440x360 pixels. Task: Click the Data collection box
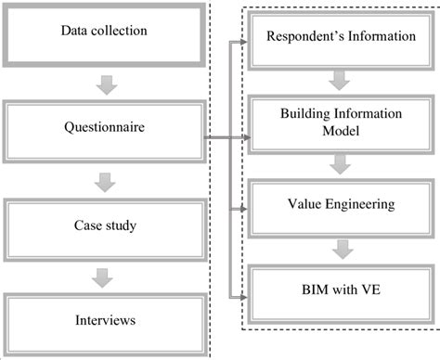pos(104,32)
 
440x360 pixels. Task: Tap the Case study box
pos(104,224)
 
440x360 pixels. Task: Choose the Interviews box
pos(104,320)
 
